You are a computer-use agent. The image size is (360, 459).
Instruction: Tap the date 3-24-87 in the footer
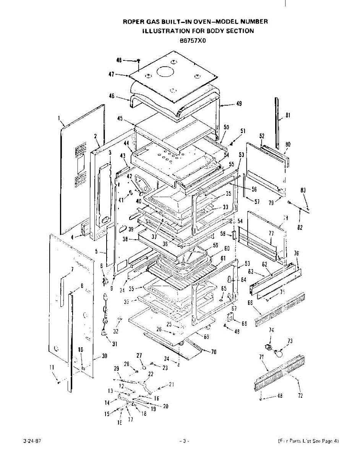pos(32,441)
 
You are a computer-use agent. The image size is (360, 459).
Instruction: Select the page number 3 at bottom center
pos(184,441)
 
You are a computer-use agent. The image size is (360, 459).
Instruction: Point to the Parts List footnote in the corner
pos(308,441)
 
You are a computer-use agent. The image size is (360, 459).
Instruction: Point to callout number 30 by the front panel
pos(104,356)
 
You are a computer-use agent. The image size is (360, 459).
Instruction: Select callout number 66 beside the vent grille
pos(251,303)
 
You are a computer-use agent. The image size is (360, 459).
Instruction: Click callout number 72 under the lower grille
pos(300,396)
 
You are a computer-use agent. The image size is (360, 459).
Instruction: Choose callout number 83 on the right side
pos(303,190)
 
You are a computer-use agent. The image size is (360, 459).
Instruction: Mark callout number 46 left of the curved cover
pos(112,96)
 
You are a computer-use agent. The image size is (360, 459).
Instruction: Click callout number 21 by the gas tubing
pos(171,384)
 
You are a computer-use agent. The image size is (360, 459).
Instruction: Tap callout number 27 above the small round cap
pos(139,355)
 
